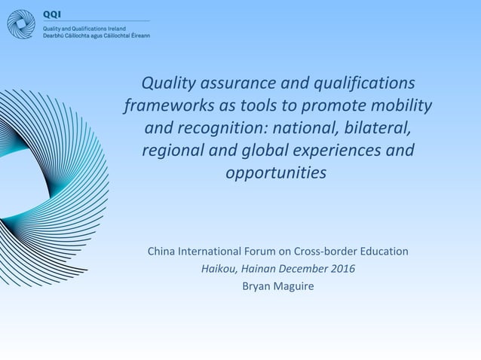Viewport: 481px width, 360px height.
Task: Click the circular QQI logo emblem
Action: coord(21,23)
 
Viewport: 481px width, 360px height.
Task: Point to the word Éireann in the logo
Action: coord(139,36)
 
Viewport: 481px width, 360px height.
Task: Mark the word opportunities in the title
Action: coord(277,173)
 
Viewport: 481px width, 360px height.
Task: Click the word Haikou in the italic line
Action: coord(219,268)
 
